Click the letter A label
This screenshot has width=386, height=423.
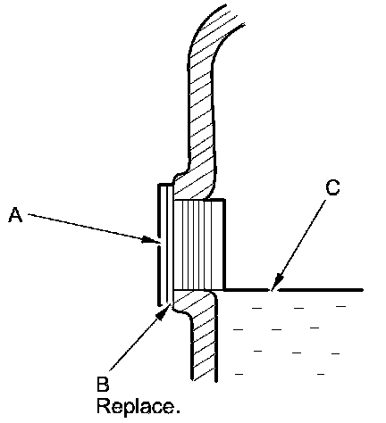point(15,215)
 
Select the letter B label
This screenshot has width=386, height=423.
point(103,384)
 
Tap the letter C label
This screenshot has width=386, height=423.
point(332,187)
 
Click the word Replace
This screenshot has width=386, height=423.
point(138,406)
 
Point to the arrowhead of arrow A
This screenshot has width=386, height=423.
point(150,240)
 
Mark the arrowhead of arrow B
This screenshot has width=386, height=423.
point(164,312)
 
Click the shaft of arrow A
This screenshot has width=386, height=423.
point(87,227)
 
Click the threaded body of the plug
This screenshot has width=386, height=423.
point(199,245)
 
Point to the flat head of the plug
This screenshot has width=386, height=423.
point(165,245)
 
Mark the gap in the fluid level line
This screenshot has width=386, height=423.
point(273,289)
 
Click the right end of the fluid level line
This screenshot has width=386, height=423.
point(362,289)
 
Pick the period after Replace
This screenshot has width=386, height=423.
point(178,411)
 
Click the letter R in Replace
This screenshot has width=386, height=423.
point(103,406)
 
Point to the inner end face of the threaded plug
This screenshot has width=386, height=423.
point(224,245)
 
